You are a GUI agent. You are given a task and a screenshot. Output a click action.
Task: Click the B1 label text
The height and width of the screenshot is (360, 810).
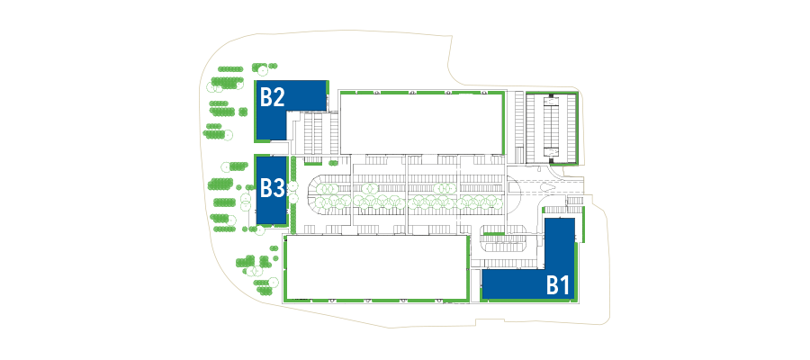[x=558, y=285]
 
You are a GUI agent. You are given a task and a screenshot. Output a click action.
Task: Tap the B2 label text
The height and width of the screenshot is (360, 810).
[x=272, y=96]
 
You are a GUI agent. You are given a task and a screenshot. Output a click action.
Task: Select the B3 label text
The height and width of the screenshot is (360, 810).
[x=272, y=188]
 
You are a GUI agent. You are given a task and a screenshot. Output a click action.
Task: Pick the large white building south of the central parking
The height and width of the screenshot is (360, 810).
[x=376, y=267]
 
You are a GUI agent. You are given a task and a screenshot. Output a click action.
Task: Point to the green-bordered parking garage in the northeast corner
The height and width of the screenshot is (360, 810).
[x=551, y=127]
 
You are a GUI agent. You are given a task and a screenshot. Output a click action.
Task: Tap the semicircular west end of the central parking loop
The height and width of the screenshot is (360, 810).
[x=320, y=194]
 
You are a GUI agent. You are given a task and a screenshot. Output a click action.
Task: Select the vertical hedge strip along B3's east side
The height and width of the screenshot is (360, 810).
[x=292, y=193]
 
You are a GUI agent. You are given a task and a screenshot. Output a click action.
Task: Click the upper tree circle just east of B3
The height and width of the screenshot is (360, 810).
[x=293, y=185]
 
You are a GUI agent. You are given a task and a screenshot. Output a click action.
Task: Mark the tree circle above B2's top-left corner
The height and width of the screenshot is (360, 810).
[x=263, y=69]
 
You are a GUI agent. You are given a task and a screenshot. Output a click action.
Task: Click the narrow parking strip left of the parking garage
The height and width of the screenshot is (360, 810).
[x=519, y=128]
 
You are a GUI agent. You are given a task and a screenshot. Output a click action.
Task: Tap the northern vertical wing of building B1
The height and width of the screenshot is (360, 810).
[x=560, y=243]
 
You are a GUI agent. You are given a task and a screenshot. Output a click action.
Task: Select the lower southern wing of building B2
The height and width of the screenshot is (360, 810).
[x=271, y=125]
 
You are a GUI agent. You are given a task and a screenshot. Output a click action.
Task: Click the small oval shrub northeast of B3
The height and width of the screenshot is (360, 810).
[x=333, y=163]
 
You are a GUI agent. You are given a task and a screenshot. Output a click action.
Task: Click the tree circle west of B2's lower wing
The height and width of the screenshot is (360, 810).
[x=227, y=135]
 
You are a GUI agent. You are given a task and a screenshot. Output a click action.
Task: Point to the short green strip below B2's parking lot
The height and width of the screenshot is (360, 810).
[x=312, y=163]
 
